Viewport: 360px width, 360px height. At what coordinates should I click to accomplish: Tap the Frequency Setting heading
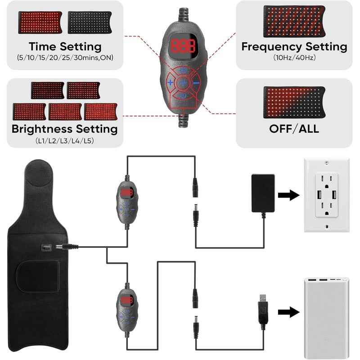[294, 46]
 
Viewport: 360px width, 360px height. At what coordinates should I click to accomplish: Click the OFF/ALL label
[294, 128]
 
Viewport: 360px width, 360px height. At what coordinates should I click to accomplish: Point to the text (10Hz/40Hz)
[294, 58]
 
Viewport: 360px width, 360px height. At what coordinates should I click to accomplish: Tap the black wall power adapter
[262, 193]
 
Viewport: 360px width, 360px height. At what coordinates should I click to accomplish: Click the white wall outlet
[326, 194]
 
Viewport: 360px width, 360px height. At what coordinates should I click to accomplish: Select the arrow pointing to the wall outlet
[288, 195]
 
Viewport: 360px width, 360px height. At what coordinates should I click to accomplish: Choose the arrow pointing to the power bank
[288, 312]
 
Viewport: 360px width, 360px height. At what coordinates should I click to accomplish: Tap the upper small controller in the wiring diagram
[127, 202]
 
